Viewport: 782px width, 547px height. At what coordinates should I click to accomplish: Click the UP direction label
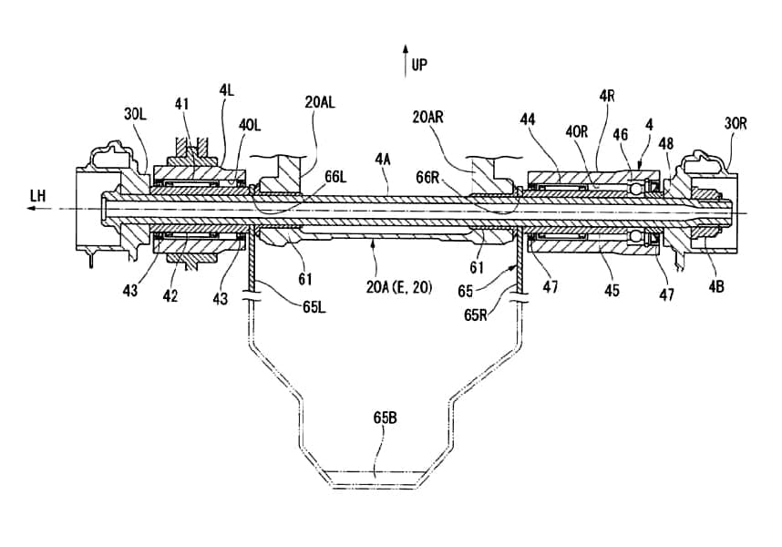[x=419, y=65]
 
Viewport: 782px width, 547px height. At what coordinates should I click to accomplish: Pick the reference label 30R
[x=736, y=123]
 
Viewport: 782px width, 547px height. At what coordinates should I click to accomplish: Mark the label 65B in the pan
[x=384, y=418]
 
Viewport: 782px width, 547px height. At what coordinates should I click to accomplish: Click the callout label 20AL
[x=320, y=103]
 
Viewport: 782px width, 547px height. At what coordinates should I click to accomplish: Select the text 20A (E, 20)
[x=396, y=288]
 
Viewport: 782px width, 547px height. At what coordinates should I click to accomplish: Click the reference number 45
[x=611, y=291]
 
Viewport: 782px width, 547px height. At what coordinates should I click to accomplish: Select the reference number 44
[x=527, y=119]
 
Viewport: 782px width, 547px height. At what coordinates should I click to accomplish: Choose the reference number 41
[x=182, y=104]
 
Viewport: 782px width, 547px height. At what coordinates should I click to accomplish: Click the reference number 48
[x=668, y=143]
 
